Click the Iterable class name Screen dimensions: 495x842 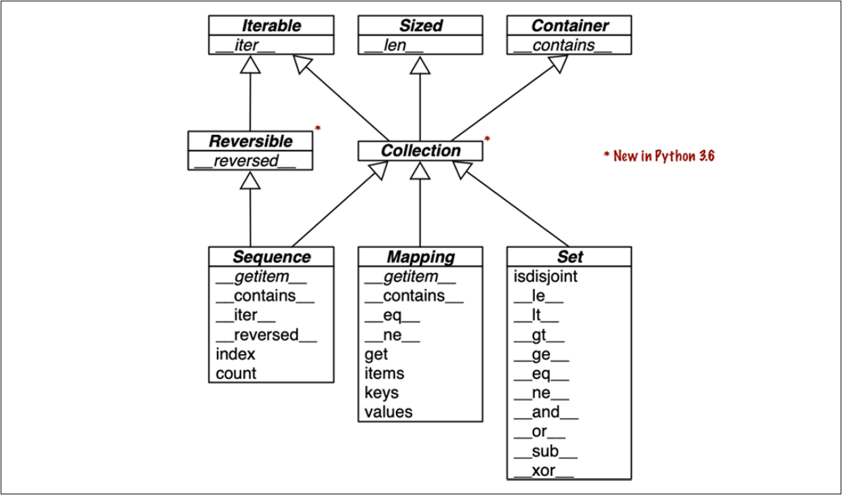[x=270, y=26]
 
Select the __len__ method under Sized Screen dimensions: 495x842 [x=393, y=45]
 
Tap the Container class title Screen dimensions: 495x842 [x=569, y=26]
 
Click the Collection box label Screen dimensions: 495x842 [x=420, y=151]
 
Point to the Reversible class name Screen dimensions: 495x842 [x=250, y=141]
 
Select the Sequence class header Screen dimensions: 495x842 [x=271, y=257]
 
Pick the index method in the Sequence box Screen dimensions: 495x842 [x=235, y=354]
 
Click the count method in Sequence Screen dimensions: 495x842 [x=236, y=373]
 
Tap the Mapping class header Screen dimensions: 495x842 [x=420, y=257]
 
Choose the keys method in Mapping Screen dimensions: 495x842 [x=381, y=393]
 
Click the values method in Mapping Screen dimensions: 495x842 [x=388, y=412]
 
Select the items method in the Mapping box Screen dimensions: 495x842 [x=384, y=373]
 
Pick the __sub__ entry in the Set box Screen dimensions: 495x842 [x=545, y=452]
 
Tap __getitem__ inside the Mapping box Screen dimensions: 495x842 [x=410, y=276]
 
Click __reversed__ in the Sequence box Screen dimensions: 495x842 [x=266, y=334]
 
